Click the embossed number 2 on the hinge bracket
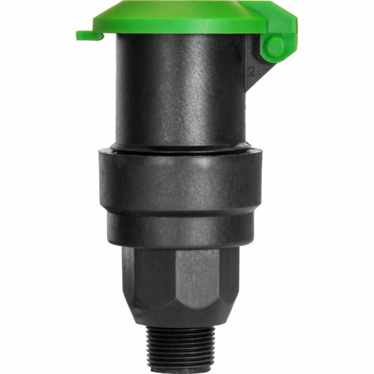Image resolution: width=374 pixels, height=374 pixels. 250,73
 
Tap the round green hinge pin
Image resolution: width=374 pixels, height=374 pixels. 273,46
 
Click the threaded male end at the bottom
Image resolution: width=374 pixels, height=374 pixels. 187,351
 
